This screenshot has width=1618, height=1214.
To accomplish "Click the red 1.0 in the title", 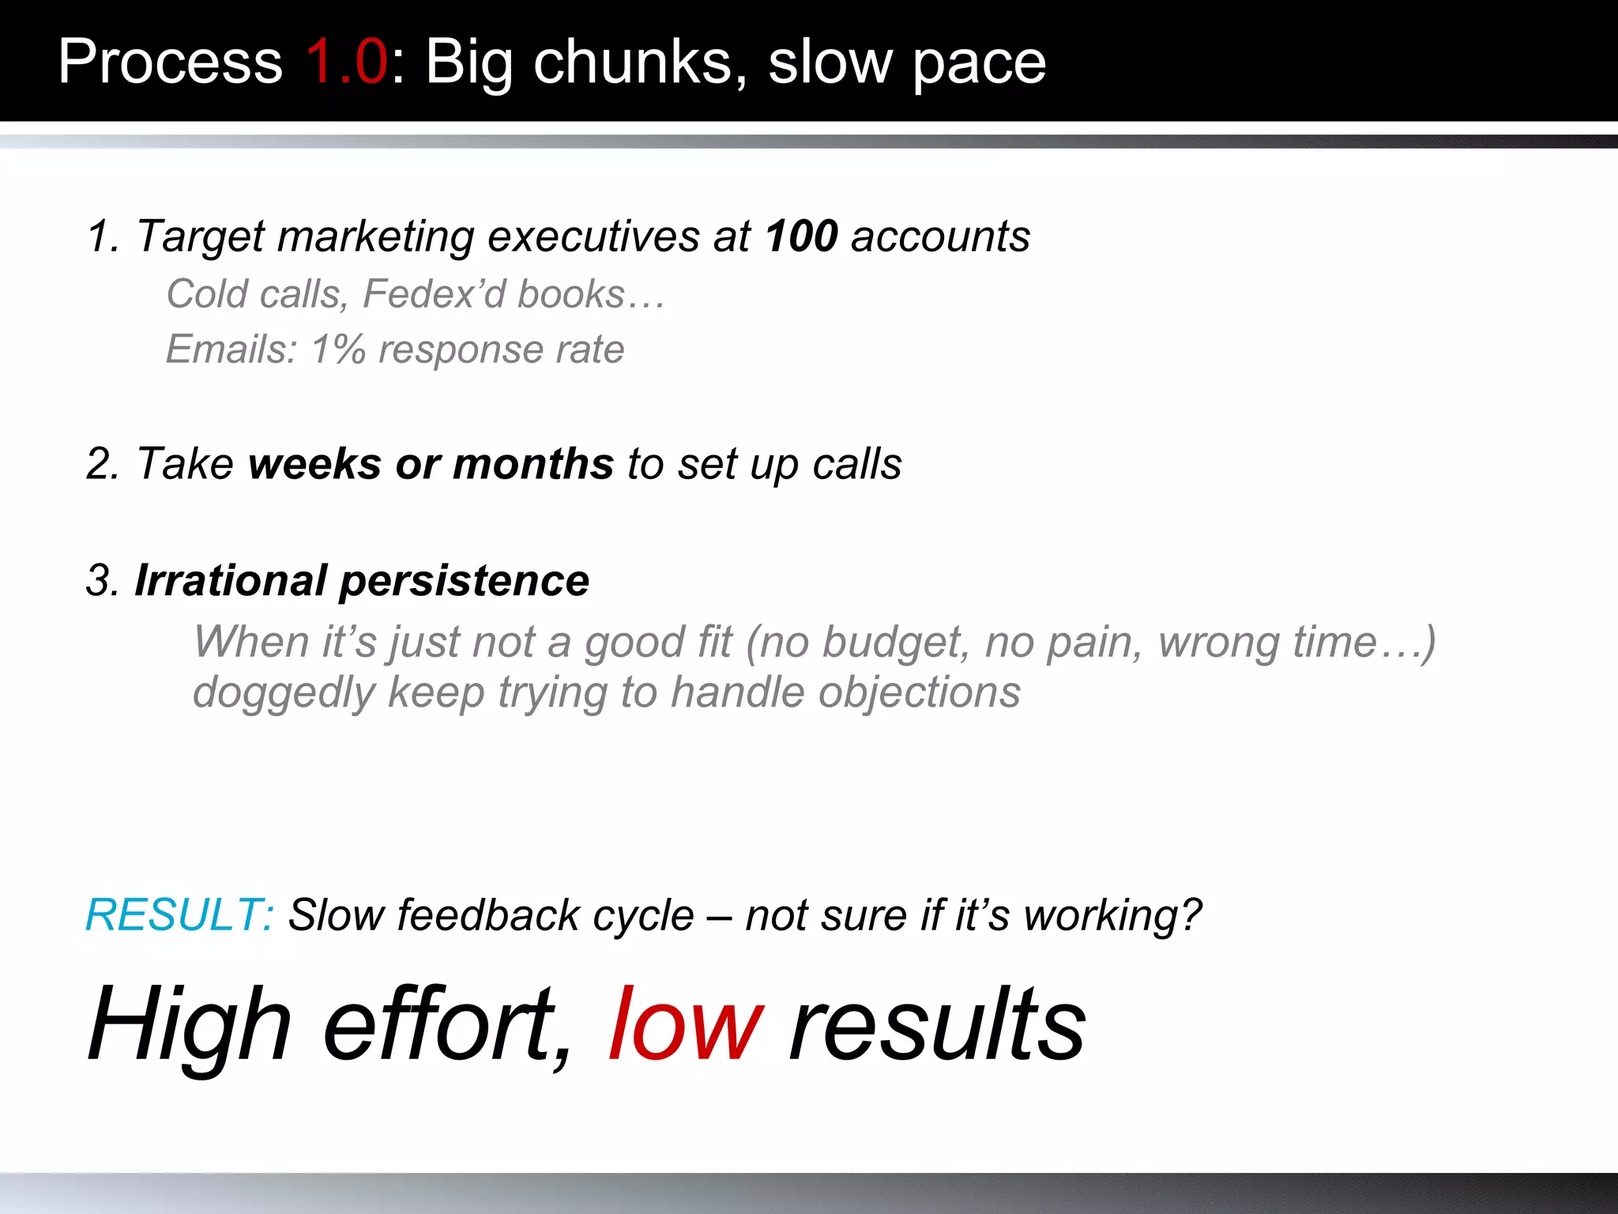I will coord(346,62).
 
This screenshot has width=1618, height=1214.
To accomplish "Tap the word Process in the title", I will coord(170,62).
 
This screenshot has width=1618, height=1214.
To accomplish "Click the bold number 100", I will coord(801,236).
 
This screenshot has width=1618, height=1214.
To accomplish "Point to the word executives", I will coord(593,236).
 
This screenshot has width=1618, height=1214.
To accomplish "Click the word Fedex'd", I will coord(434,294).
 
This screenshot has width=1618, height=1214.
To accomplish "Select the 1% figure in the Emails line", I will coord(338,349).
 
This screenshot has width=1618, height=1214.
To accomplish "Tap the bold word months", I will coord(533,464).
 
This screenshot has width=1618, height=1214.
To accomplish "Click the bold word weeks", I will coord(314,464).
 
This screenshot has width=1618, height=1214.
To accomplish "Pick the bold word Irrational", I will coord(231,581).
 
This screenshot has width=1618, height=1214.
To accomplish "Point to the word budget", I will coord(896,643).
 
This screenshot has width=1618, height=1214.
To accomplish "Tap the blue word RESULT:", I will coord(179,915).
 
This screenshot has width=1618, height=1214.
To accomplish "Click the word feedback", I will coord(488,915).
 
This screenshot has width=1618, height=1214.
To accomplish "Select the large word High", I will coord(190,1026).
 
